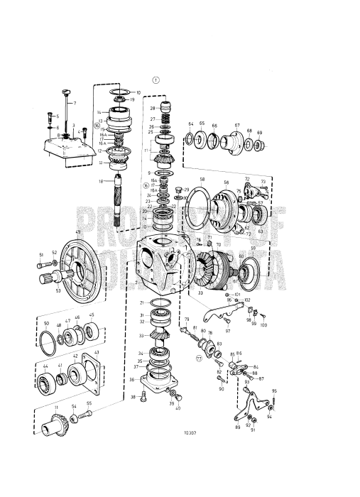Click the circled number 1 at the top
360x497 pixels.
156,80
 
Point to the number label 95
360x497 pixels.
274,390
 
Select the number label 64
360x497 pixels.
191,124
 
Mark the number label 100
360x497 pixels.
263,324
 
